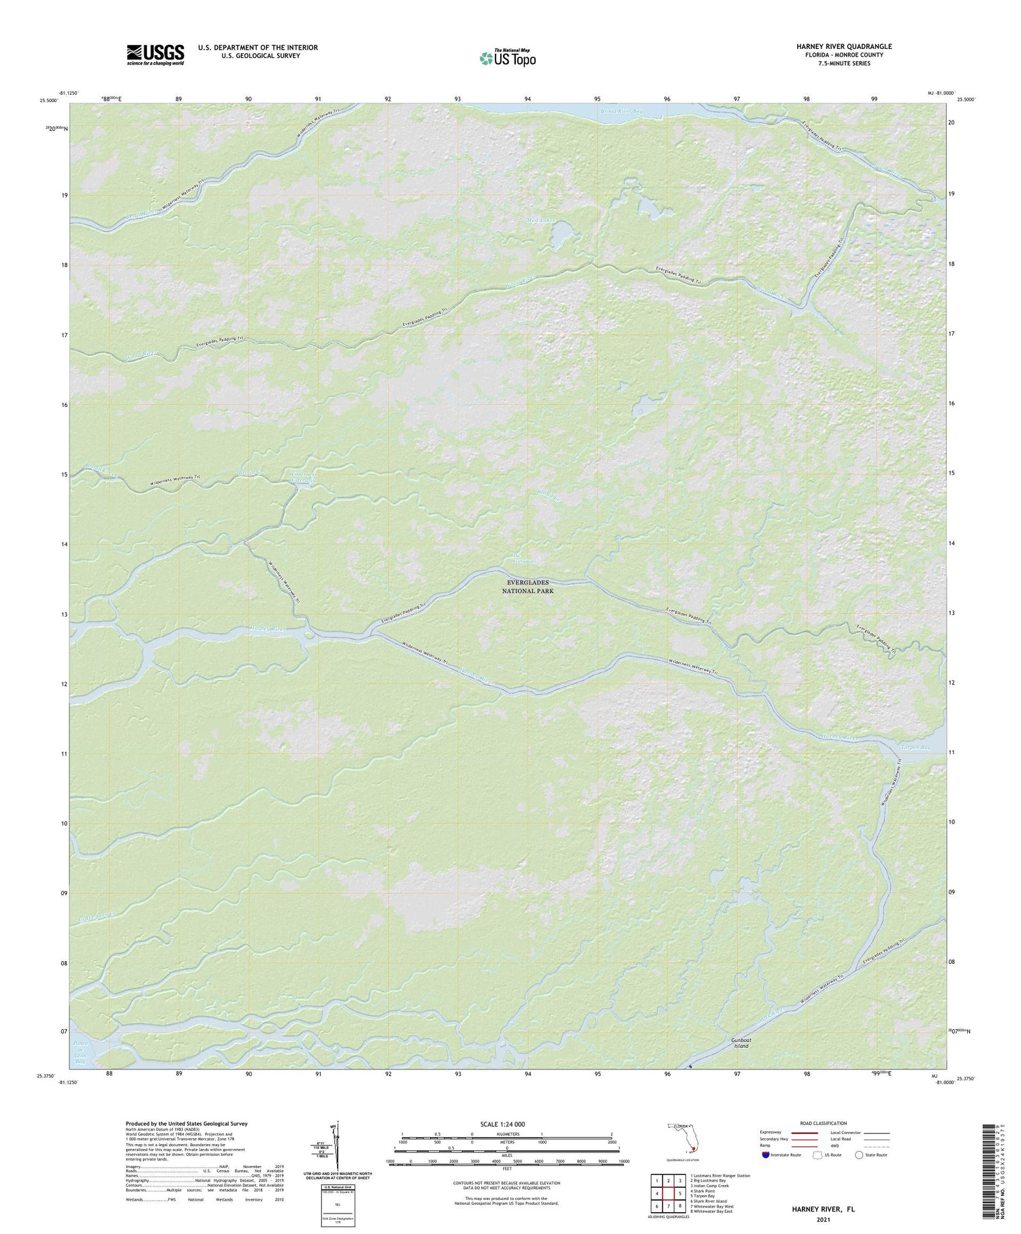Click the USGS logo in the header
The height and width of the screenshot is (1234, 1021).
155,54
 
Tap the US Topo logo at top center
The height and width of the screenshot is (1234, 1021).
507,58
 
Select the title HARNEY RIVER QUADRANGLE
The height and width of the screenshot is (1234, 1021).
844,46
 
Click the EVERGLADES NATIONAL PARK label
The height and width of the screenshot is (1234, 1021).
527,587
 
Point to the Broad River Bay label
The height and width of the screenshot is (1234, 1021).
621,110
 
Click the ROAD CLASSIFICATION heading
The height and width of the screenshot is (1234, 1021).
823,1123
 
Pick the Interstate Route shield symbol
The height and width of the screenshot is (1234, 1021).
766,1155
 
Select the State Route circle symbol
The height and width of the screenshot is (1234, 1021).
859,1154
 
